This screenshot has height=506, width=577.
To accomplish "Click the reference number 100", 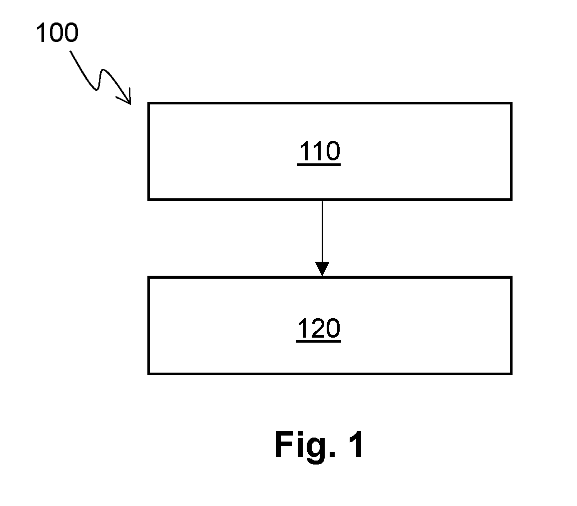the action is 57,32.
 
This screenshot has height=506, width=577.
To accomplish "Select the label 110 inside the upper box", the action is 319,150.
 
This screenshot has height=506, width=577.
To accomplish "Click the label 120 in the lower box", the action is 319,328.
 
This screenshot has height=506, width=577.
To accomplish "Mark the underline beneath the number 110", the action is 319,164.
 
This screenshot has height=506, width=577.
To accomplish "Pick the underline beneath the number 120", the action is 319,342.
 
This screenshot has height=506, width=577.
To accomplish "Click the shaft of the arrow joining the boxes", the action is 322,232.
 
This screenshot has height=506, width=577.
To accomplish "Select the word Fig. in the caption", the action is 305,445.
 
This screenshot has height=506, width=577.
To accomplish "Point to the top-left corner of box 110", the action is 148,103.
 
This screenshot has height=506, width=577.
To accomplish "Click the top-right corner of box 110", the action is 512,103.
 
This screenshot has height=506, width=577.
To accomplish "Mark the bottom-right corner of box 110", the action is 512,199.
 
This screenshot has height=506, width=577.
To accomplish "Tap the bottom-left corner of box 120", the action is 148,374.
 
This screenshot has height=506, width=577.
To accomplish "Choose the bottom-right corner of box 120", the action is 512,374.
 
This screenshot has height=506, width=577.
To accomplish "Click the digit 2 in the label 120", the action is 318,328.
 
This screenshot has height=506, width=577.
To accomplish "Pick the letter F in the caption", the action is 283,444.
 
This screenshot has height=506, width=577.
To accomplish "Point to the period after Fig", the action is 332,455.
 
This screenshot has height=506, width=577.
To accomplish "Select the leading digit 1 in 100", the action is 41,32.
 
